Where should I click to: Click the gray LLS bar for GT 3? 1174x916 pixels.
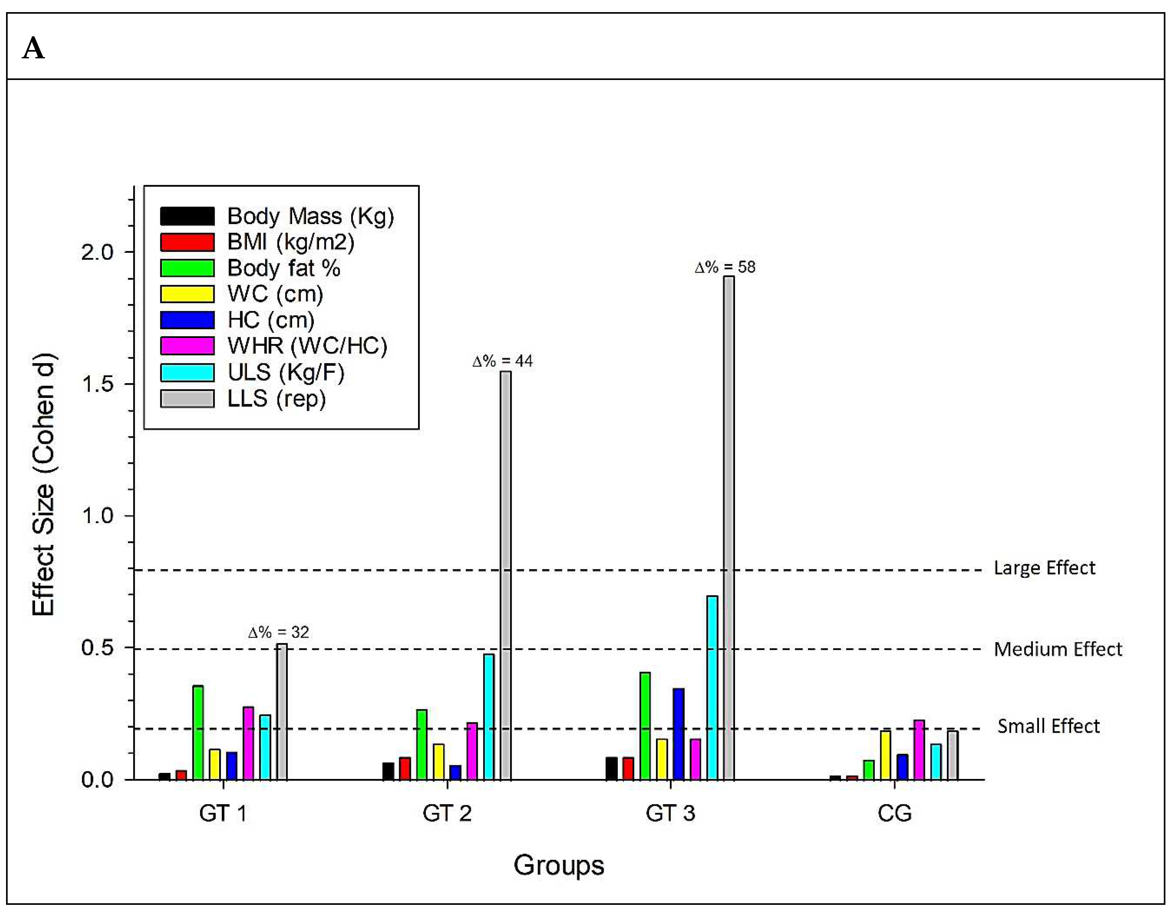(x=728, y=527)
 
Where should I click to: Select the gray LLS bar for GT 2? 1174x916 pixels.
(x=506, y=576)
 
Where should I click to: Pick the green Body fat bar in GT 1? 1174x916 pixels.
(x=198, y=733)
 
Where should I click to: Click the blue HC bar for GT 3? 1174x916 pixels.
(x=678, y=734)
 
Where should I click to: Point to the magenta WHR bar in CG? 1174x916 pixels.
(x=919, y=750)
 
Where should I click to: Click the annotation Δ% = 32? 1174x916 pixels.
(x=278, y=633)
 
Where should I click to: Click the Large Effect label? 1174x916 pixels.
(x=1044, y=568)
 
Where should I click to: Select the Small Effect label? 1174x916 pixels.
(x=1048, y=726)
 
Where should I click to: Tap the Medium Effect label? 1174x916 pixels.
(x=1057, y=649)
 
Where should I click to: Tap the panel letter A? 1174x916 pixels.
(x=33, y=48)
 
